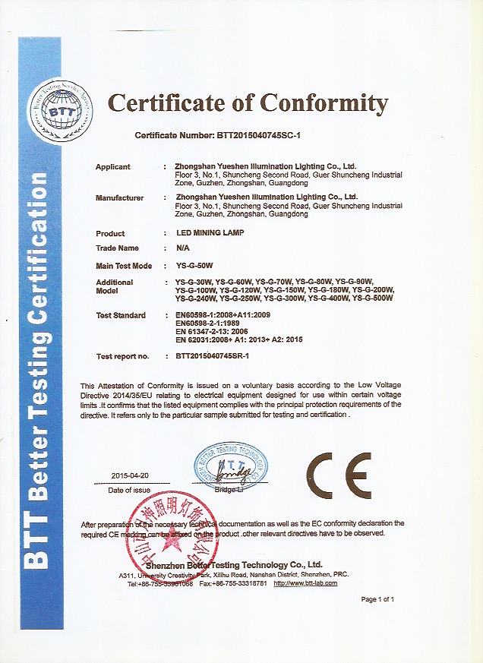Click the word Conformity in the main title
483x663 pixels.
point(325,103)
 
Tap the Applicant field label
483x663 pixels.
point(113,166)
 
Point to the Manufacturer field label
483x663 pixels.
point(120,198)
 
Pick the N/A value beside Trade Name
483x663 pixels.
point(182,248)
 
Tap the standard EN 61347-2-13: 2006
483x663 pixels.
point(218,331)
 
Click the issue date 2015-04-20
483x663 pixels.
point(130,475)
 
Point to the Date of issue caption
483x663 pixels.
point(130,491)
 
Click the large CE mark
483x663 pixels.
point(339,476)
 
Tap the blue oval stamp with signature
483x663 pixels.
point(231,465)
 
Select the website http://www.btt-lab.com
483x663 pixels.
point(307,582)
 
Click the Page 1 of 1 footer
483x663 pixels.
point(377,599)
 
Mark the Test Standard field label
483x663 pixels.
point(121,315)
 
